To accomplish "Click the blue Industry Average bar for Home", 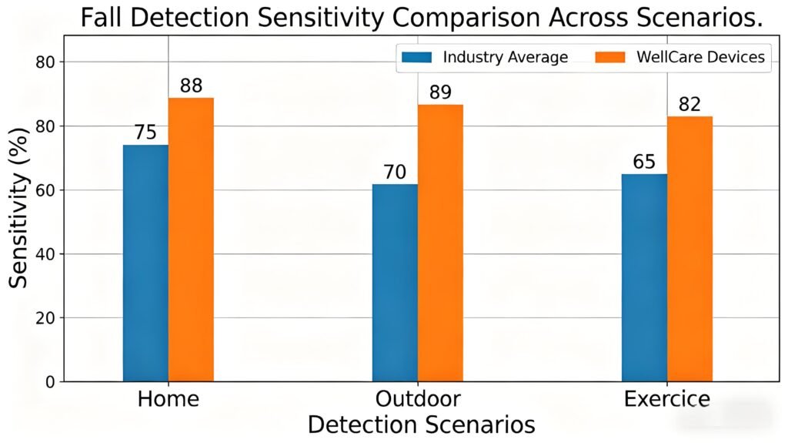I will (145, 263).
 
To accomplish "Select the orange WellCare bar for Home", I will (191, 240).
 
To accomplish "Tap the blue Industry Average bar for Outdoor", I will (395, 283).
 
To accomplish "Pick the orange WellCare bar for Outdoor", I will (440, 243).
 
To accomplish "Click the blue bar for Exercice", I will (644, 277).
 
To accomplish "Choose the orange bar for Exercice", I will (689, 249).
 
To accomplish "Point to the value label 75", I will (145, 133).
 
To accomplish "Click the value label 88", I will (191, 86).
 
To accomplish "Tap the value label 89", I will (440, 92).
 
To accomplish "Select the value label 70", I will (395, 172).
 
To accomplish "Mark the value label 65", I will (644, 162).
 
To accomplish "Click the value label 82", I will (689, 104).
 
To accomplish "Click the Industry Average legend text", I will (505, 57).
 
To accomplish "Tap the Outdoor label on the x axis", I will (418, 399).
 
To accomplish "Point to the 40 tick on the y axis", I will (47, 254).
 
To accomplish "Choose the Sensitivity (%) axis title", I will (18, 208).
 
